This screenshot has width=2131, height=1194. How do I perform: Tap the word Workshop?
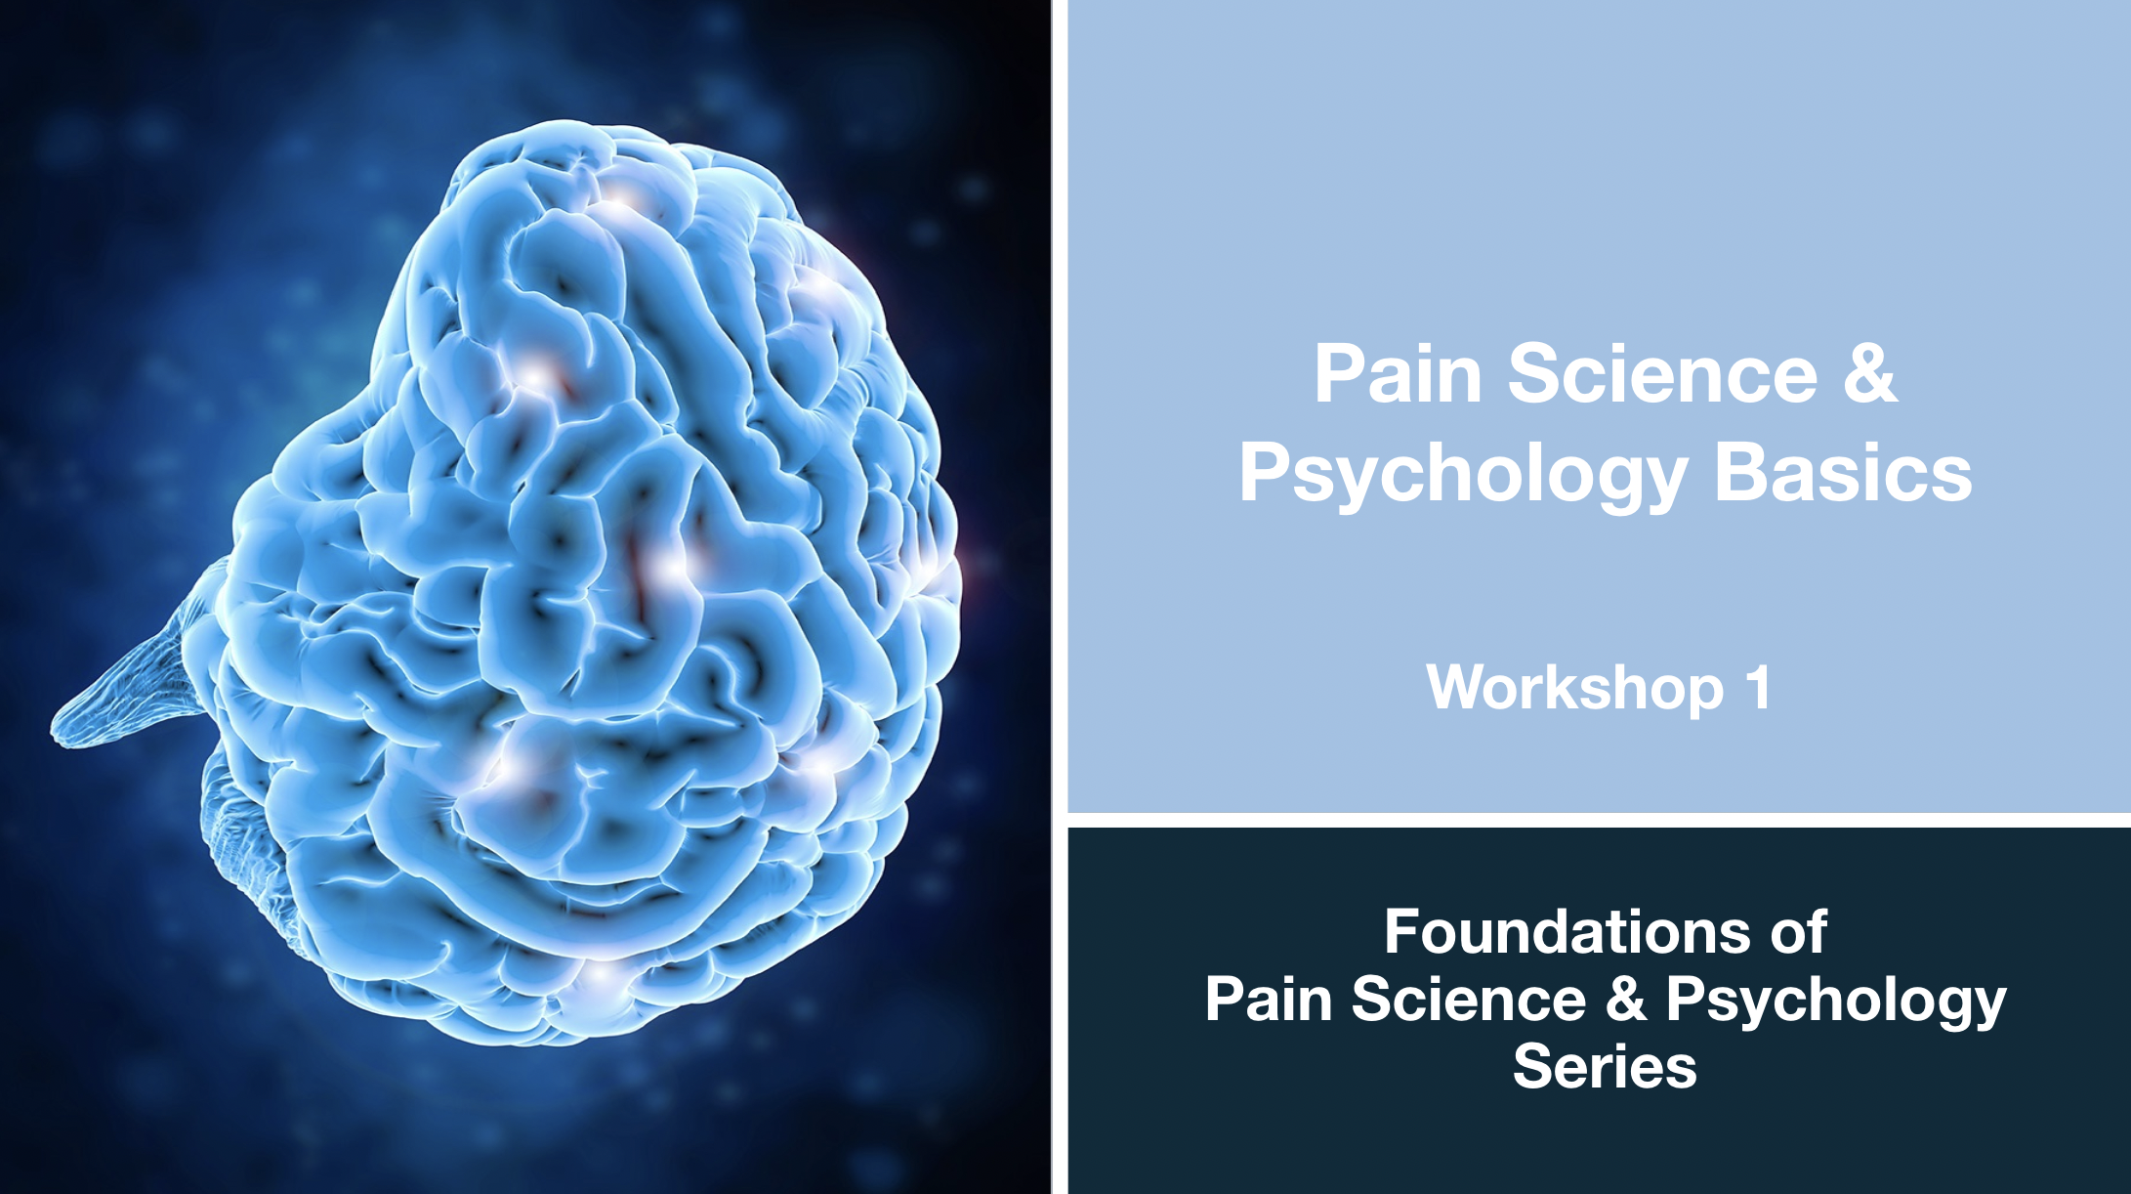click(x=1575, y=688)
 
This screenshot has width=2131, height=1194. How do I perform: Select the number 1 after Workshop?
click(x=1759, y=687)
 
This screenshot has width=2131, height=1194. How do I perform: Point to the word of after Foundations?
click(x=1798, y=932)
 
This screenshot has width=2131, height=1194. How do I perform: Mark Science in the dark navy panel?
click(x=1469, y=999)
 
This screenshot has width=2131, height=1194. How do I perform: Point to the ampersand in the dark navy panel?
click(x=1625, y=999)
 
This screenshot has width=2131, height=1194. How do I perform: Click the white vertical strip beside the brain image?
click(x=1060, y=597)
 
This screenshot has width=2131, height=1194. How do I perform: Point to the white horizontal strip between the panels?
click(x=1599, y=820)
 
